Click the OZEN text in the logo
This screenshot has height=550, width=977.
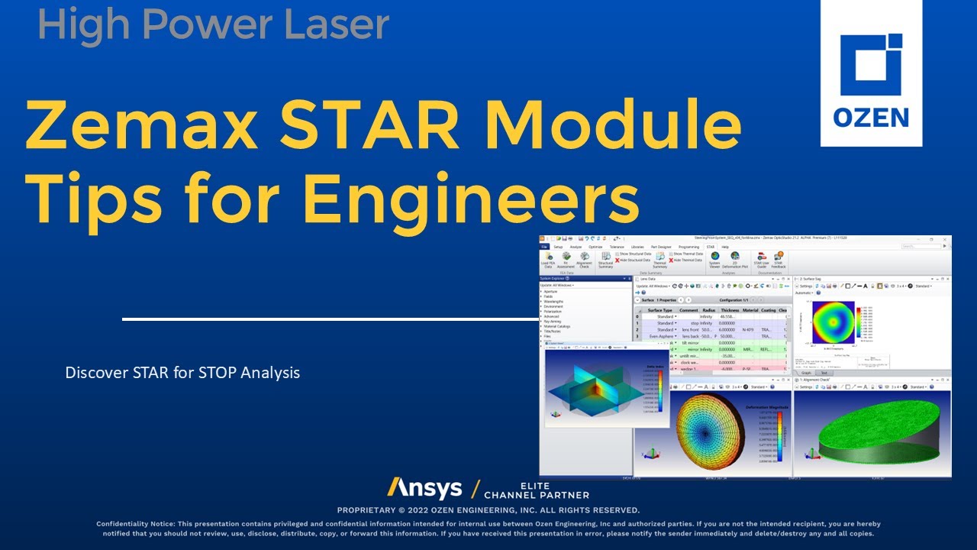point(871,118)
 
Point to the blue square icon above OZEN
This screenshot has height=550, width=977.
point(871,65)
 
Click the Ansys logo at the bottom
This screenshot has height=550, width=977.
point(424,489)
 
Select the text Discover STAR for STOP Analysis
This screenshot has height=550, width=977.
point(182,373)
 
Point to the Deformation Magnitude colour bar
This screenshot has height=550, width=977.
point(779,435)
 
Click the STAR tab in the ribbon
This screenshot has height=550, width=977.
point(710,247)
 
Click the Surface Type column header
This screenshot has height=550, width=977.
point(659,310)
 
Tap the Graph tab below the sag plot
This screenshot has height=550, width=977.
point(806,374)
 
